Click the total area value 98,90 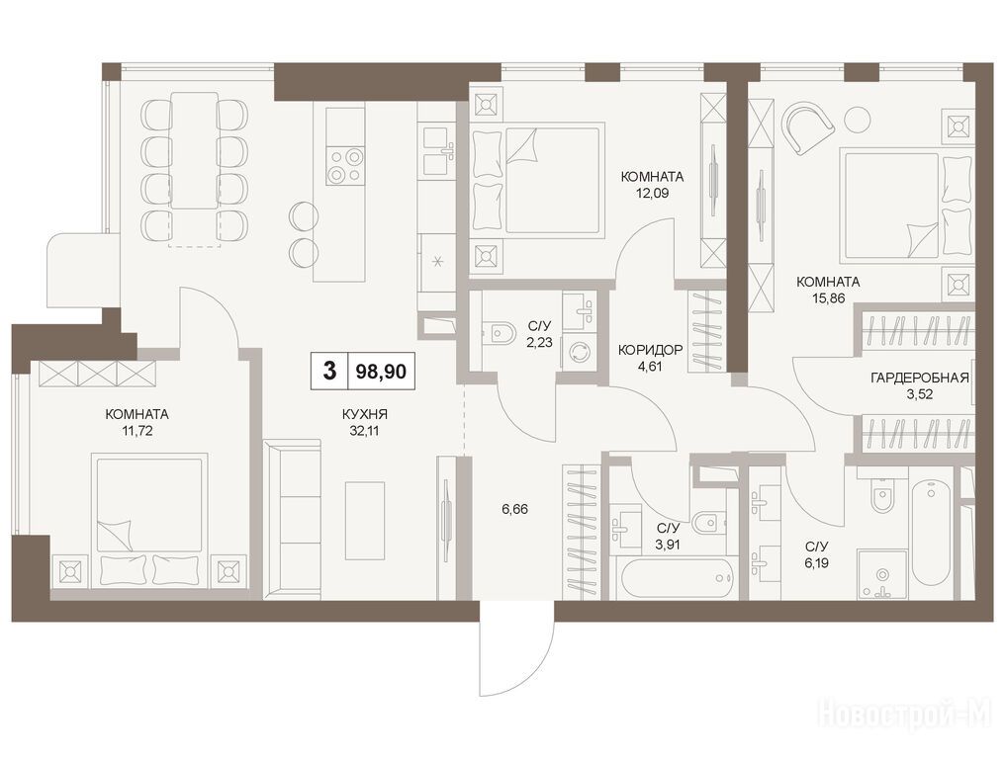[381, 371]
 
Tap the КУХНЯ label [364, 415]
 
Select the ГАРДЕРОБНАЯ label [919, 379]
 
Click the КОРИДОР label [650, 351]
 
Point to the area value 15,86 [828, 297]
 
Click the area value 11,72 [137, 431]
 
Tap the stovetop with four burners [345, 166]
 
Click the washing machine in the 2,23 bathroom [580, 353]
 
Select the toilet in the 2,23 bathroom [499, 332]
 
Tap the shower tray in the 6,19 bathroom [882, 574]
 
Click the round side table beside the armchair [857, 119]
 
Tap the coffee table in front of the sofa [365, 520]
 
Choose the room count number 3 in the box [329, 371]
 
